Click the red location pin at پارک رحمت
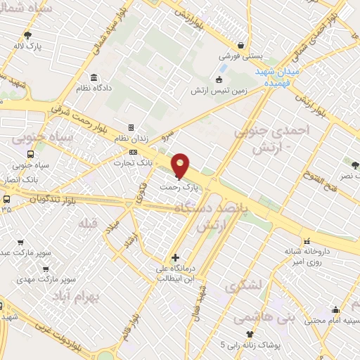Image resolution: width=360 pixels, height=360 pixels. [x=181, y=165]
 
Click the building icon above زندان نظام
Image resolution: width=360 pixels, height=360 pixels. [x=131, y=127]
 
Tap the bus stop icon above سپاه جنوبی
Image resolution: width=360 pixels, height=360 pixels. [x=30, y=155]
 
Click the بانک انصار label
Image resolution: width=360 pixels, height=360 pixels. [x=20, y=179]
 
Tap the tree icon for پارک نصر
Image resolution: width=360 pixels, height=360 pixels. [x=355, y=165]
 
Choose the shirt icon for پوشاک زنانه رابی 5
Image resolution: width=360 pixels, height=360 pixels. [x=247, y=334]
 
